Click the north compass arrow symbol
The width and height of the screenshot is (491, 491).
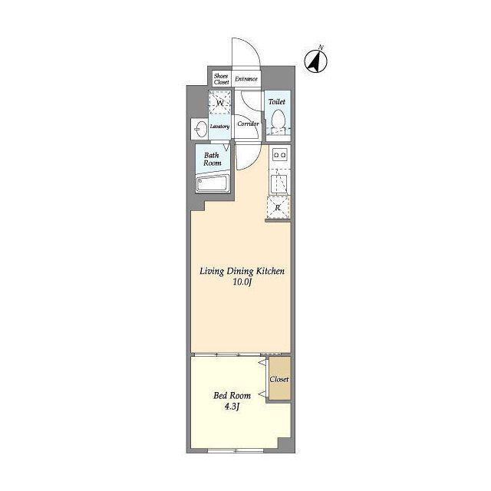(x=316, y=61)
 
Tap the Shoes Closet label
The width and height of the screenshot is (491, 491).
(x=221, y=79)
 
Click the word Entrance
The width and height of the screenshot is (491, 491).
(x=246, y=79)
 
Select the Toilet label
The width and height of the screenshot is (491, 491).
(x=277, y=102)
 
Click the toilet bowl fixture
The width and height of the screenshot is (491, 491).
(x=278, y=122)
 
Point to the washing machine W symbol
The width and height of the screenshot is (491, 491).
(x=220, y=102)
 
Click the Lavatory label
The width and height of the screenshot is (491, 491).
(x=219, y=127)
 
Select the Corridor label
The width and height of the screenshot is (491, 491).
(x=248, y=124)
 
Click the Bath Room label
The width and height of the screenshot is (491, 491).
(x=213, y=159)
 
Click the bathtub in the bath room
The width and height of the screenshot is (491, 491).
(x=213, y=183)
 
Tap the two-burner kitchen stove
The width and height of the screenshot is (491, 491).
(x=279, y=154)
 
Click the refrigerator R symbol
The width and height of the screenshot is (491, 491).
(x=278, y=207)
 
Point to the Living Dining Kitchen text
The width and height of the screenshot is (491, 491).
(x=242, y=271)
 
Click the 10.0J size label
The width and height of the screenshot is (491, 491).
(x=242, y=282)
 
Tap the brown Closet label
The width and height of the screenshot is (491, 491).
(x=279, y=379)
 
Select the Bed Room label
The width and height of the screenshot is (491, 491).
(x=232, y=396)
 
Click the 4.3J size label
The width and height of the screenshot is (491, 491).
(x=232, y=407)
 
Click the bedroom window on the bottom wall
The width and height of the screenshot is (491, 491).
(x=236, y=450)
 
